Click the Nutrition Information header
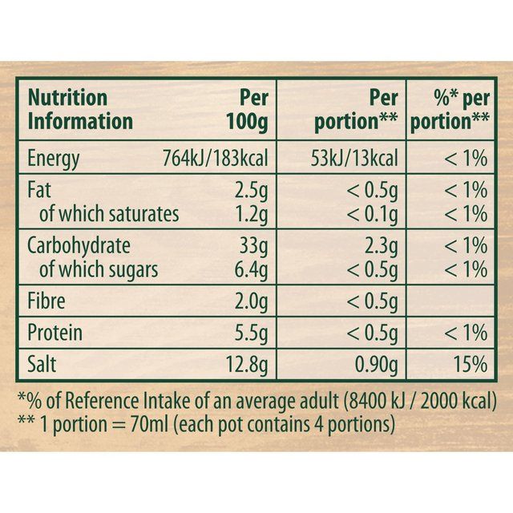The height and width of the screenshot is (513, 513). tap(80, 110)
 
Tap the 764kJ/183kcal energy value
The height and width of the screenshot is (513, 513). tap(210, 158)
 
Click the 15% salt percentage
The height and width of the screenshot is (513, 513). tap(470, 365)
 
